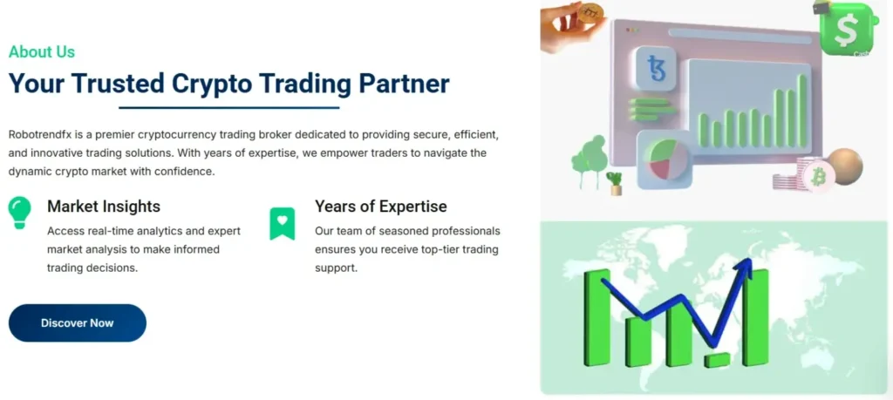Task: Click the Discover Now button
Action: tap(78, 323)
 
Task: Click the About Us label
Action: tap(42, 51)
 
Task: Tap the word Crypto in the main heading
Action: tap(211, 84)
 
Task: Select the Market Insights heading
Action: tap(104, 206)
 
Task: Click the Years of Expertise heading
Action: tap(381, 206)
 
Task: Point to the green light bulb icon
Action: tap(19, 213)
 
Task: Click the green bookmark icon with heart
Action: tap(283, 224)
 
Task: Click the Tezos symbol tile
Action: tap(656, 68)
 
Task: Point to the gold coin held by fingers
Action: tap(590, 12)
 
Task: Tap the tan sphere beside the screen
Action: tap(845, 166)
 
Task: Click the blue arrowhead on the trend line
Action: tap(744, 268)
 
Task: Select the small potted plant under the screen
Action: tap(615, 183)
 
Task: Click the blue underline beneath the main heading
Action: tap(229, 107)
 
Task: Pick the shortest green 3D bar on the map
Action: tap(717, 360)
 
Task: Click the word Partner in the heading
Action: tap(404, 84)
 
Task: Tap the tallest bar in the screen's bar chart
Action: tap(802, 111)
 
